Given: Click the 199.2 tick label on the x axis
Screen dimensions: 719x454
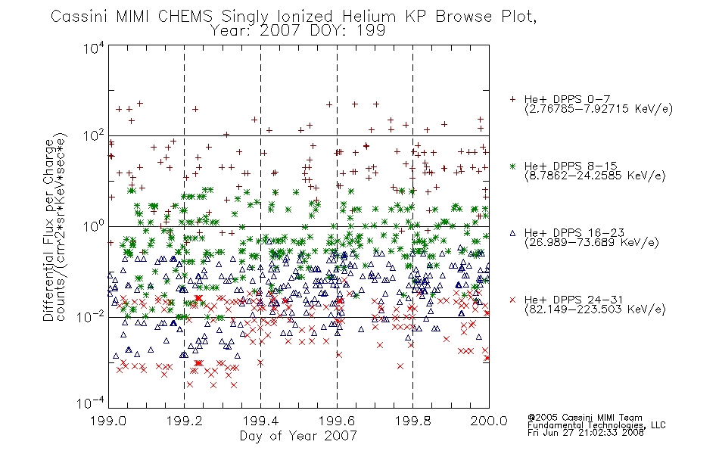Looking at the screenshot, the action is [x=185, y=421].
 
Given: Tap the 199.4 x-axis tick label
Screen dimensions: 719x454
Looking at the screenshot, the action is [x=260, y=421].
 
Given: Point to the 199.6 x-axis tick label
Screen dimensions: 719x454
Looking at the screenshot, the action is [x=337, y=421].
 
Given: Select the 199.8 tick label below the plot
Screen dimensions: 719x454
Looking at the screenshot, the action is [x=412, y=421].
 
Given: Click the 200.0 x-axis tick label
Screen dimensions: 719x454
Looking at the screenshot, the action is [x=489, y=421].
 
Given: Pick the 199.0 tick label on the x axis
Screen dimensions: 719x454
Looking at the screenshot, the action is [x=108, y=421].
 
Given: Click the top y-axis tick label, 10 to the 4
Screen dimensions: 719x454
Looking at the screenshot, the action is [x=94, y=48].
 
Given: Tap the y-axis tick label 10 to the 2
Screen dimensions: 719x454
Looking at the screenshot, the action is [x=94, y=136].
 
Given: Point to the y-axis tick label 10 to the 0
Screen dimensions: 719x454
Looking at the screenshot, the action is [x=94, y=226].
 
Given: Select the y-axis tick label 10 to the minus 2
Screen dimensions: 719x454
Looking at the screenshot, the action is [x=91, y=317].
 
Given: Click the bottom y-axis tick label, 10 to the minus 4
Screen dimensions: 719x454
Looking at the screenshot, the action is [x=91, y=403].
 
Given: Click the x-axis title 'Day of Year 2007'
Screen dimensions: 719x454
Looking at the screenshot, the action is [x=298, y=436].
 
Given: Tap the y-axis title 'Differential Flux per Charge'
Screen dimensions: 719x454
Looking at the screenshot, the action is [x=48, y=230].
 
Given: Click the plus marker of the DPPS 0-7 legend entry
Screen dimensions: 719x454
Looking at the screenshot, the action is [x=512, y=99].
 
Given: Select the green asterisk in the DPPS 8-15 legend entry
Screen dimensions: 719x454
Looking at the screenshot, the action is [x=512, y=166].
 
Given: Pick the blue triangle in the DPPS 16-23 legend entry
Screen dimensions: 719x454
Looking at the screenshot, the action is [x=512, y=233].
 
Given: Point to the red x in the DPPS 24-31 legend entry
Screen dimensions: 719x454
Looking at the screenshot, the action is [x=512, y=300].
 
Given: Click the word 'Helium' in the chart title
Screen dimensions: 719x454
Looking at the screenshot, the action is [x=369, y=17].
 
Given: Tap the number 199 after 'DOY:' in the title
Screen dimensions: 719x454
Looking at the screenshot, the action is [x=372, y=31].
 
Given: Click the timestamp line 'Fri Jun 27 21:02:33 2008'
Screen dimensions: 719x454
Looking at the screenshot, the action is [x=586, y=433].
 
